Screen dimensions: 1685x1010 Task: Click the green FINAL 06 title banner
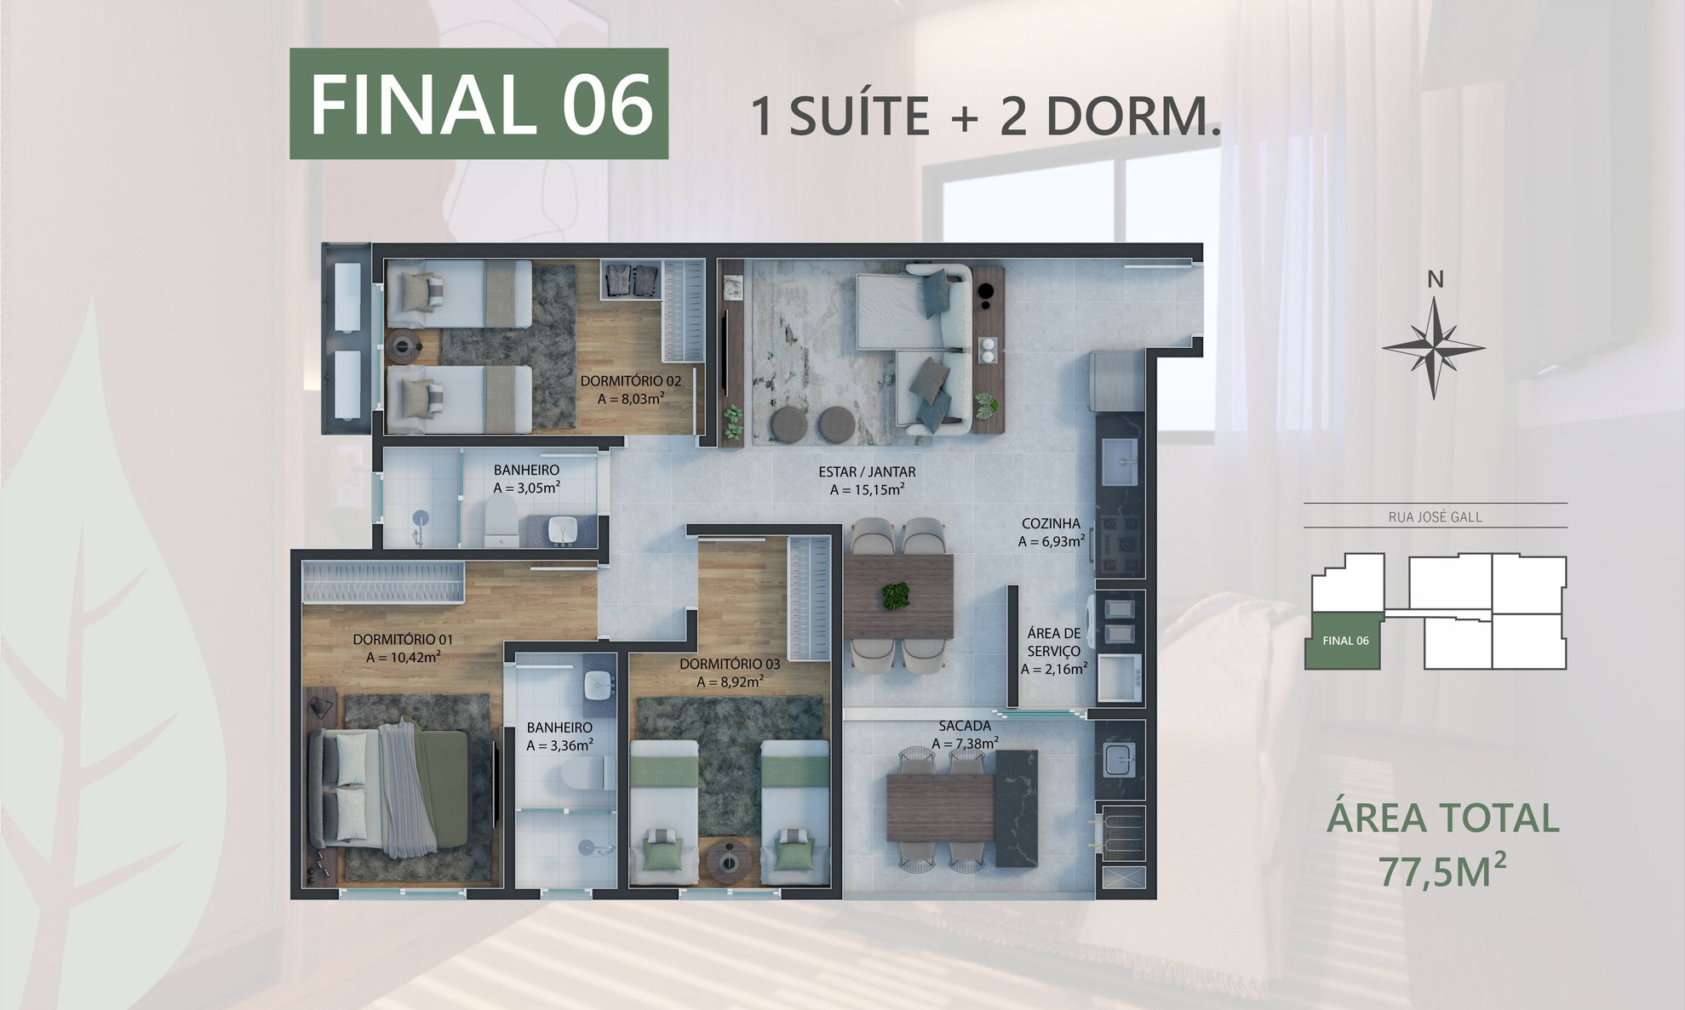coord(479,104)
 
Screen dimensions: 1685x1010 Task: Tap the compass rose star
coord(1434,347)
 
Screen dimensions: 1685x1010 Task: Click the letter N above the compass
coord(1436,279)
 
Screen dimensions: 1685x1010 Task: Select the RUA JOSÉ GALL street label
coord(1436,516)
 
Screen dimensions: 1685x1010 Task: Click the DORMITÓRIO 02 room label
coord(631,381)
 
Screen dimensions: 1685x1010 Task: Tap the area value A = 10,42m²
coord(403,658)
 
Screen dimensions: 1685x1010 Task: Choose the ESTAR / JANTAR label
coord(867,471)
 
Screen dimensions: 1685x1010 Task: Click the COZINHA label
coord(1051,524)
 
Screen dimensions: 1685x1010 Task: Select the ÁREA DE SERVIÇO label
coord(1054,642)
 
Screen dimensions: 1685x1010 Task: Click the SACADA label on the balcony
coord(965,726)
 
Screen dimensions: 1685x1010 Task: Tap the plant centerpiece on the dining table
coord(897,596)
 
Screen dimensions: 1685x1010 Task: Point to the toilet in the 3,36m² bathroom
coord(587,774)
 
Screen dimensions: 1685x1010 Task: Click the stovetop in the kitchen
coord(1118,543)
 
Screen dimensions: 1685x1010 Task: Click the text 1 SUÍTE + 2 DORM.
coord(986,116)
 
